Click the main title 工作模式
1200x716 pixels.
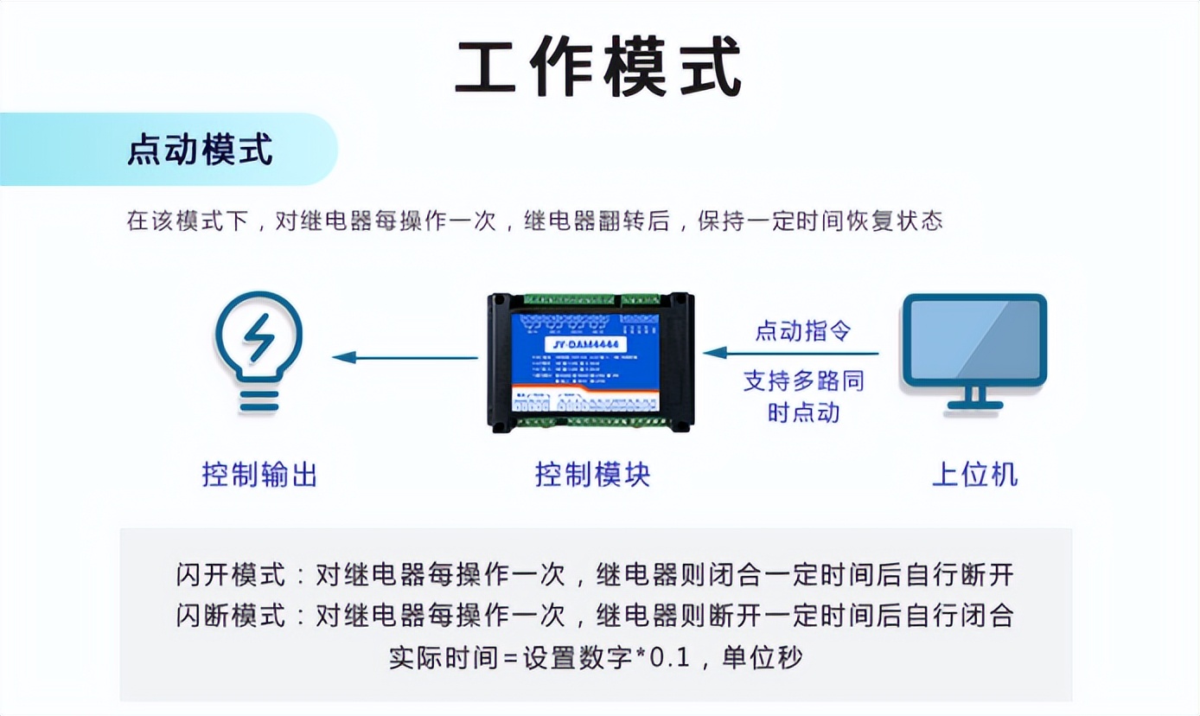pyautogui.click(x=598, y=68)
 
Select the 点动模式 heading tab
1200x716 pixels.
pyautogui.click(x=200, y=150)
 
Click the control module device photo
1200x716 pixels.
pyautogui.click(x=590, y=361)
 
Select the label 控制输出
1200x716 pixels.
pyautogui.click(x=259, y=474)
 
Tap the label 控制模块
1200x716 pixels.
pyautogui.click(x=592, y=474)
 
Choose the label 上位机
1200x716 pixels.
pyautogui.click(x=974, y=474)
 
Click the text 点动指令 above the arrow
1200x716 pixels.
pyautogui.click(x=803, y=330)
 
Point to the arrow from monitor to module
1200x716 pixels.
pyautogui.click(x=791, y=354)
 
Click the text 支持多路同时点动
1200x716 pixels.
pyautogui.click(x=803, y=396)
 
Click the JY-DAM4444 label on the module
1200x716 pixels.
pyautogui.click(x=588, y=345)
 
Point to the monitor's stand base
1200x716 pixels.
pyautogui.click(x=974, y=405)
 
